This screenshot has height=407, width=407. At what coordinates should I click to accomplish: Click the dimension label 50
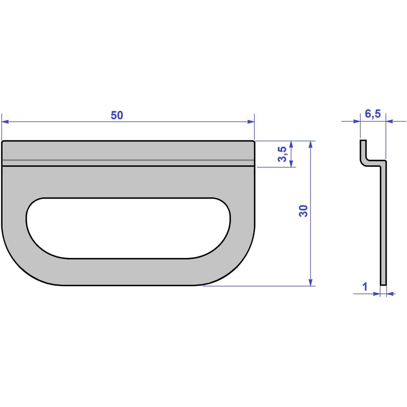pyautogui.click(x=117, y=115)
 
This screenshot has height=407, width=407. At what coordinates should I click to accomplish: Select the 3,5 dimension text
pyautogui.click(x=282, y=154)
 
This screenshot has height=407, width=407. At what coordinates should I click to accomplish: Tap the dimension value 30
pyautogui.click(x=303, y=211)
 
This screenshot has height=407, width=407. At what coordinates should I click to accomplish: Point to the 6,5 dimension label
pyautogui.click(x=373, y=114)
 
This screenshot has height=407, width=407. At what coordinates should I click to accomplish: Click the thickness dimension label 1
pyautogui.click(x=365, y=287)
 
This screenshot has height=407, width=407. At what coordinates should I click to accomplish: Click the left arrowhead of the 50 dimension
pyautogui.click(x=5, y=121)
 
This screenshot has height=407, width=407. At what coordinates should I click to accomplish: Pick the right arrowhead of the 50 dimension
pyautogui.click(x=251, y=121)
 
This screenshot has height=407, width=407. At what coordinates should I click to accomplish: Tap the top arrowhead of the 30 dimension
pyautogui.click(x=311, y=144)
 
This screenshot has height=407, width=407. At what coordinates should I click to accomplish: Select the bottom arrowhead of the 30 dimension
pyautogui.click(x=311, y=282)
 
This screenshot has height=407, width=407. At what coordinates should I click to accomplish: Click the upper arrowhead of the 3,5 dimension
pyautogui.click(x=291, y=144)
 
